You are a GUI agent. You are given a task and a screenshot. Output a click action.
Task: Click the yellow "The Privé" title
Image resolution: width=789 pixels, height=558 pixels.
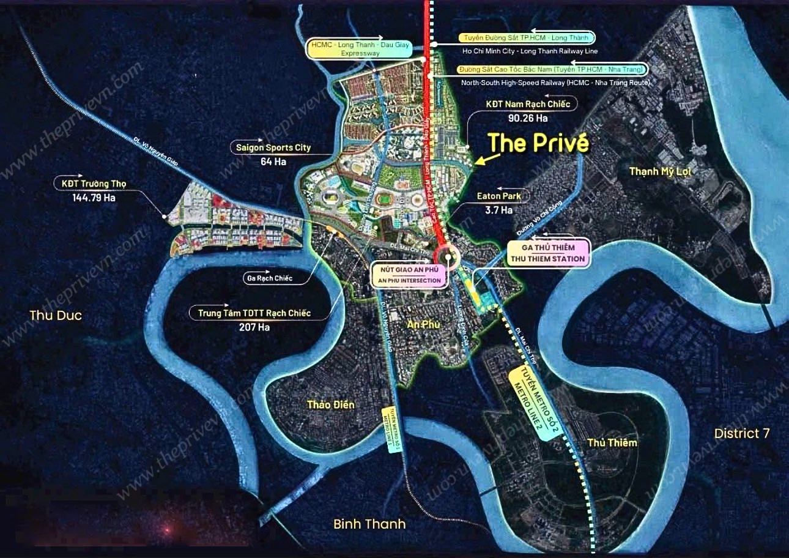[x=538, y=143]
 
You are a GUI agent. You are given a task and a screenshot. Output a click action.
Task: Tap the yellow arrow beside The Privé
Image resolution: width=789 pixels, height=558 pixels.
[x=487, y=160]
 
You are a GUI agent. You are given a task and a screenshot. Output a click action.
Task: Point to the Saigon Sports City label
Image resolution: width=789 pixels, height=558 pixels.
[x=273, y=147]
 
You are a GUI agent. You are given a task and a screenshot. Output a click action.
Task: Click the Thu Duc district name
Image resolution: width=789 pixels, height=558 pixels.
[x=56, y=315]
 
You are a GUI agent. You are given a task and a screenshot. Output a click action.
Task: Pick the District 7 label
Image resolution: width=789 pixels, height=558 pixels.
[x=742, y=433]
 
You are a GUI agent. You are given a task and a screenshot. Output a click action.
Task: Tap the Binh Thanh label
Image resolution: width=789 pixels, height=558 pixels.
[x=369, y=524]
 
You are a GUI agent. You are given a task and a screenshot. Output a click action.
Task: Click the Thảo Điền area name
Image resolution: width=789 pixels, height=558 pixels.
[x=331, y=404]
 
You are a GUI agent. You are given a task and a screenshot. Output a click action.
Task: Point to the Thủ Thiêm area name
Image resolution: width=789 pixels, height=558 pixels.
[x=612, y=442]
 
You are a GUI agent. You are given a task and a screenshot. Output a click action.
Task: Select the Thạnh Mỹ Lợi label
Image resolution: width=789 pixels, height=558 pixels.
[x=660, y=171]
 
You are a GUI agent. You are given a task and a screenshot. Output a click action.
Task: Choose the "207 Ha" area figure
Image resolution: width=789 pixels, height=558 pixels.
[x=254, y=327]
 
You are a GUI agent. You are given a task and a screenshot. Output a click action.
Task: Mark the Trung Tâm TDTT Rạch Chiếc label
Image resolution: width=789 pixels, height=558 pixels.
[x=254, y=313]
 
